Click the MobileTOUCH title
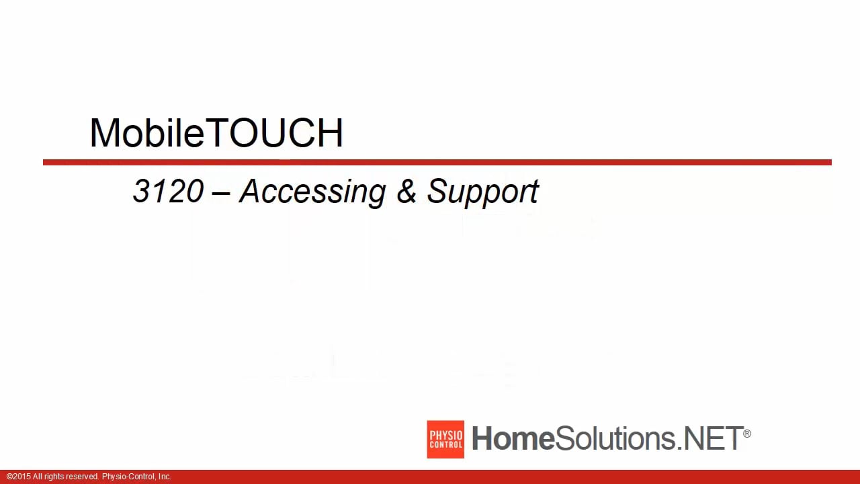(x=216, y=132)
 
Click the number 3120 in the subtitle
(x=168, y=191)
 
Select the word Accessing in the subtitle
(x=312, y=192)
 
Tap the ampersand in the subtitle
(x=406, y=191)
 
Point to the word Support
(x=482, y=192)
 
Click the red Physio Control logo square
(x=445, y=440)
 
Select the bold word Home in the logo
(x=513, y=439)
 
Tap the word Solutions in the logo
(x=614, y=439)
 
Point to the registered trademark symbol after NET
(x=747, y=434)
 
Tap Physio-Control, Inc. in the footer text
(x=136, y=477)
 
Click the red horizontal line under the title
(x=437, y=162)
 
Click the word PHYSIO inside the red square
(x=445, y=434)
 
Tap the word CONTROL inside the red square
(x=445, y=445)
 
